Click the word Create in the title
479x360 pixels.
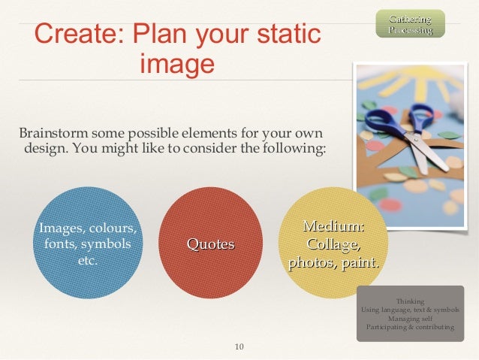pos(75,35)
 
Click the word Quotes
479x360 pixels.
pos(210,244)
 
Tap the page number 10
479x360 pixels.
pos(239,346)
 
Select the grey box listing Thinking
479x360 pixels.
pos(410,313)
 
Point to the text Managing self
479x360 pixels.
pos(410,319)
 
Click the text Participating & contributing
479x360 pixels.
pos(410,328)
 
